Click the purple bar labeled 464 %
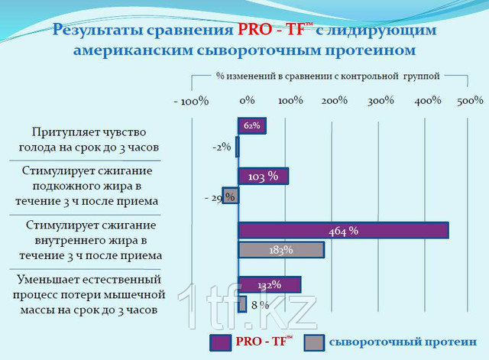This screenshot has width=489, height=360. click(x=343, y=231)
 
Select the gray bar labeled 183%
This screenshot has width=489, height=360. click(x=281, y=250)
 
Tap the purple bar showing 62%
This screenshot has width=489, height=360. click(x=252, y=125)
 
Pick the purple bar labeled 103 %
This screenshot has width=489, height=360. click(x=263, y=177)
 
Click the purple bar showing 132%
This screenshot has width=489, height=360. click(x=270, y=284)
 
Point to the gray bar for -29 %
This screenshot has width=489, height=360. click(x=231, y=196)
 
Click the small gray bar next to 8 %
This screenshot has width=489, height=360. click(x=242, y=304)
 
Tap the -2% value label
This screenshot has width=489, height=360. click(x=222, y=147)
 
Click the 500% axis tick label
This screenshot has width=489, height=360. click(x=470, y=100)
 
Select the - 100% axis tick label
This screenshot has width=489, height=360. click(x=191, y=101)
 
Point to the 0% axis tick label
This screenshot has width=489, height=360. click(x=247, y=100)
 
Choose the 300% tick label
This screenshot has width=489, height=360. click(x=381, y=101)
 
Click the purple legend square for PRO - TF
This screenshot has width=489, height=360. click(x=221, y=343)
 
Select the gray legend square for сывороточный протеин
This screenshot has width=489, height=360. click(x=314, y=343)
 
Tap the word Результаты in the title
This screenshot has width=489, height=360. click(x=98, y=31)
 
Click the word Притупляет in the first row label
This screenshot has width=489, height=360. click(x=62, y=132)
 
